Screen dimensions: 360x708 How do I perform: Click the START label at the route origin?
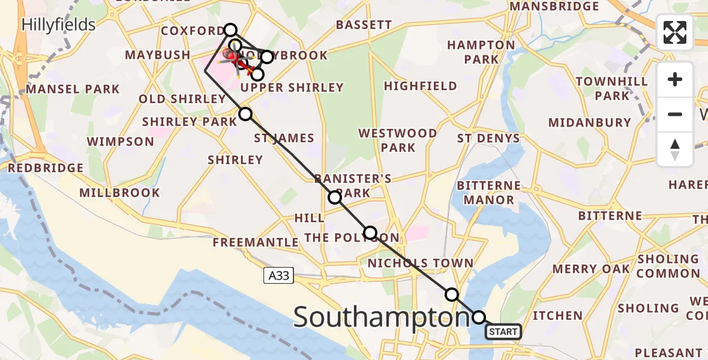click(x=503, y=332)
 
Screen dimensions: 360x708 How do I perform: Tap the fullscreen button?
click(x=675, y=32)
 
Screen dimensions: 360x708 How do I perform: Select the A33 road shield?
click(x=278, y=275)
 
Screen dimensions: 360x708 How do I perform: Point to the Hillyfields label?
click(x=58, y=25)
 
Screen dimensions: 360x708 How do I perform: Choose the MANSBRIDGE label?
click(x=554, y=7)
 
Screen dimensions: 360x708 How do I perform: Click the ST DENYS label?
click(x=488, y=139)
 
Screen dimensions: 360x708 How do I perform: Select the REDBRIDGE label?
click(x=46, y=168)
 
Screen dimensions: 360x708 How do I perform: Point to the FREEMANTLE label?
click(x=256, y=242)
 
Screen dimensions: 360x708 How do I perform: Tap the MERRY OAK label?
click(x=592, y=269)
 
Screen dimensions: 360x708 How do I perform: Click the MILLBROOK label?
click(x=119, y=193)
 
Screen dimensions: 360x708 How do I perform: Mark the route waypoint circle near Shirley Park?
click(x=245, y=114)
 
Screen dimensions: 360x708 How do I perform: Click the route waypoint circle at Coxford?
click(x=230, y=30)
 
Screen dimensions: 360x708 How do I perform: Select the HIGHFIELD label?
click(x=421, y=86)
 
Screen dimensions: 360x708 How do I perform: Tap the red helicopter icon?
click(x=230, y=56)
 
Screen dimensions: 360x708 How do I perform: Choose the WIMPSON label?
click(x=121, y=142)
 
